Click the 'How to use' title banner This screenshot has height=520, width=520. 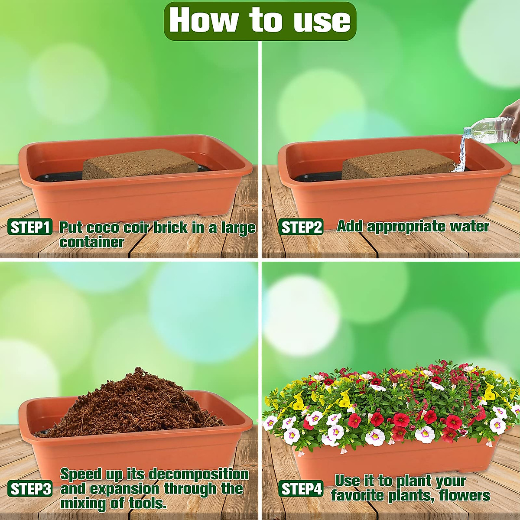260,21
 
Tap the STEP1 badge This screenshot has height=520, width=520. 30,227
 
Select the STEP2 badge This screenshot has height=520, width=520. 301,227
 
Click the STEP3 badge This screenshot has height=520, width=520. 30,489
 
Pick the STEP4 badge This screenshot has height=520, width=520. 301,489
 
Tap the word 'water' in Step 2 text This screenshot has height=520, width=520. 469,226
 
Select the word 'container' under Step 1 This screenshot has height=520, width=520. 91,242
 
